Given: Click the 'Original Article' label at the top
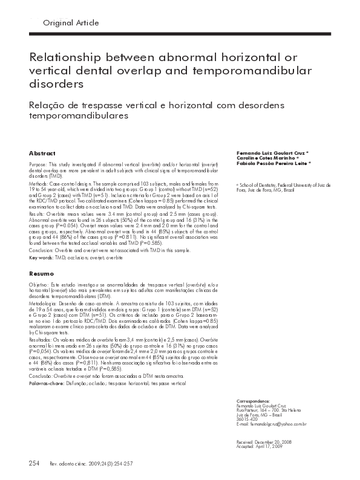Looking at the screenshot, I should click(x=71, y=22).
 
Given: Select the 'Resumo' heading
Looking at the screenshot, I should click(x=41, y=273).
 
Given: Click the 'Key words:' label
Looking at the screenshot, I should click(x=41, y=258).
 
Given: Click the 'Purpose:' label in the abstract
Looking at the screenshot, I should click(x=40, y=164).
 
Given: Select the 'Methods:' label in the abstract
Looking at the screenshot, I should click(x=40, y=181).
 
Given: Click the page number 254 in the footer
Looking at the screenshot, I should click(x=34, y=463).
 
